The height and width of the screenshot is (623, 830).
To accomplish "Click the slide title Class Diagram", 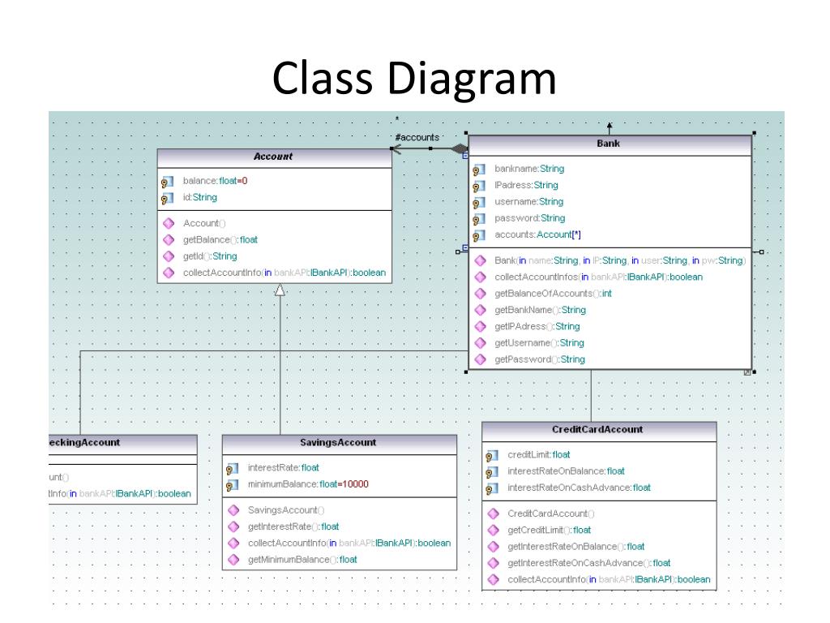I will tap(414, 79).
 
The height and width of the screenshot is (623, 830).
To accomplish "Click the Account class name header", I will tap(273, 157).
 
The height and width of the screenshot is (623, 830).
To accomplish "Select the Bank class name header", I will tap(608, 144).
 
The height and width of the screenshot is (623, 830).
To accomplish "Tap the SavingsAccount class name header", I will tap(338, 443).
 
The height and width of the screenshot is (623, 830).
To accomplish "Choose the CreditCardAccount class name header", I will tap(597, 430).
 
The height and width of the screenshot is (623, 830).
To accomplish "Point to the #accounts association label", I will tap(417, 137).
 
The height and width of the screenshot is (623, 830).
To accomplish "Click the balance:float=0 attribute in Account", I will tap(215, 181).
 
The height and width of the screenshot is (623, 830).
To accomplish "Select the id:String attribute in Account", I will tap(200, 197).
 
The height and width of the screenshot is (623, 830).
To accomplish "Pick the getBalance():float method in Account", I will tap(220, 239).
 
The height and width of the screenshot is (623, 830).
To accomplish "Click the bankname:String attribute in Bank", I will tap(529, 169).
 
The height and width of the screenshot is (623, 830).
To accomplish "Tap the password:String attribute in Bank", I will tap(530, 218).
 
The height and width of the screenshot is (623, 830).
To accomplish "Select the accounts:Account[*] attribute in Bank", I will tap(537, 234).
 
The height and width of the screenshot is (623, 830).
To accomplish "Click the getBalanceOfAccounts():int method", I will tap(553, 294).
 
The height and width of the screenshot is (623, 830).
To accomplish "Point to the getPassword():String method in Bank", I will tap(539, 359).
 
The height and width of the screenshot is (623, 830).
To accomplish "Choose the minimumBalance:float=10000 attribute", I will tap(308, 484).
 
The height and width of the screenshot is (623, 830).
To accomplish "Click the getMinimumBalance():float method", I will tap(302, 560).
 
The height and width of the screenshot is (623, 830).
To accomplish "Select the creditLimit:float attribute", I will tap(539, 455).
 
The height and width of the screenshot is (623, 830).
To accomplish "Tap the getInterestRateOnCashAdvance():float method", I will tap(589, 563).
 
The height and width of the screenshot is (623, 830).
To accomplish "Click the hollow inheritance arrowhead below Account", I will tap(280, 289).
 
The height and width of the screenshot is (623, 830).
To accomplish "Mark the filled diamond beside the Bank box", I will tap(460, 149).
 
